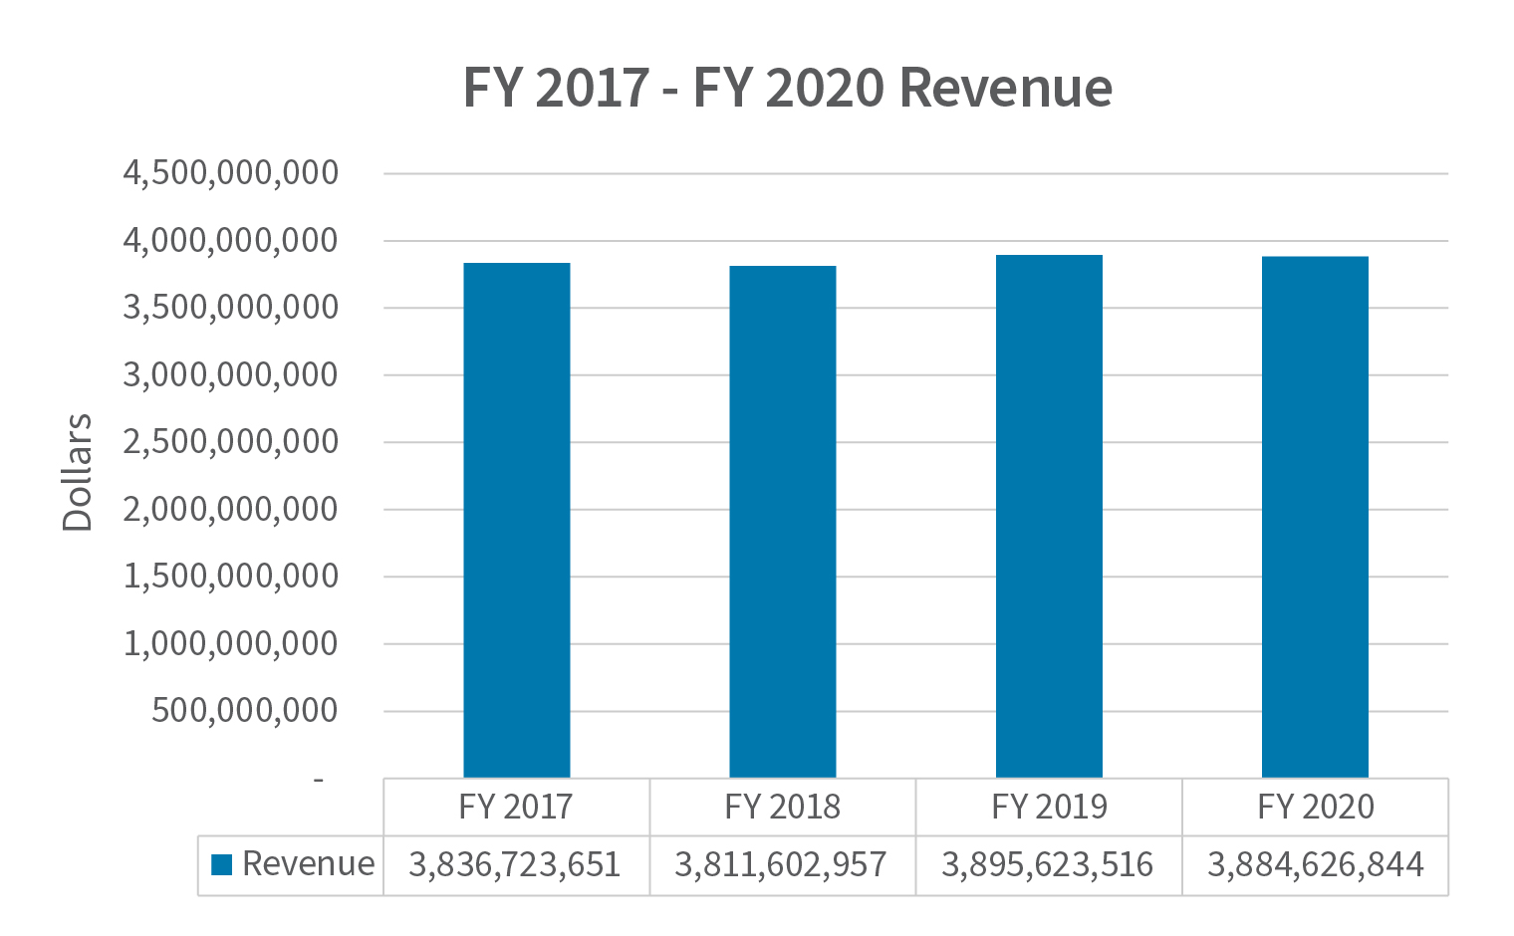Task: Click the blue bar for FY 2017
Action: [x=516, y=520]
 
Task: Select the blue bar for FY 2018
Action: [x=782, y=522]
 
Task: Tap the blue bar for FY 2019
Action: [x=1049, y=516]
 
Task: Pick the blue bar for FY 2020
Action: [x=1315, y=517]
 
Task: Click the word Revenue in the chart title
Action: [x=1005, y=88]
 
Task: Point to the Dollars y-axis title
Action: [x=77, y=473]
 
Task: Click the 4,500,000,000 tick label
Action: [x=230, y=173]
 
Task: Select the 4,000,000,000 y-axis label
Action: [x=230, y=241]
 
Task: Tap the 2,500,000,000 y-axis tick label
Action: [x=230, y=442]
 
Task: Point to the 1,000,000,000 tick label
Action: [x=230, y=644]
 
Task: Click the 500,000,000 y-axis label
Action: [x=244, y=711]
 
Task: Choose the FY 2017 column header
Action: [x=516, y=807]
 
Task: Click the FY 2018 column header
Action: [x=782, y=807]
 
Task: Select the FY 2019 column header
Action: [x=1049, y=807]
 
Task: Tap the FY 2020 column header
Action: [x=1315, y=807]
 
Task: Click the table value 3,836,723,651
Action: [x=515, y=864]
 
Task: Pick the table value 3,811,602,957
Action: [x=781, y=864]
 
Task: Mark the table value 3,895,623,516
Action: [x=1047, y=864]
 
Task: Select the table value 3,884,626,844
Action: [x=1315, y=864]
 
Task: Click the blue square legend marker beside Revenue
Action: [x=222, y=864]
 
